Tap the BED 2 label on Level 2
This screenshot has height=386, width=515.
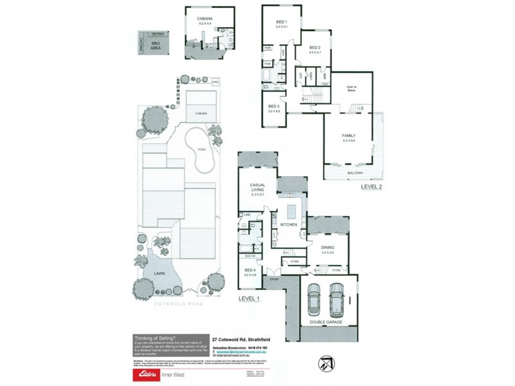314,48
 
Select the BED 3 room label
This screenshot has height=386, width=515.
273,106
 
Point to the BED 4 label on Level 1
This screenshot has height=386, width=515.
250,271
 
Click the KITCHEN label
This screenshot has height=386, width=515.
288,225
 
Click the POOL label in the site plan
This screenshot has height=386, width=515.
201,149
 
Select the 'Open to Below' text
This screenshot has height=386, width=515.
351,89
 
